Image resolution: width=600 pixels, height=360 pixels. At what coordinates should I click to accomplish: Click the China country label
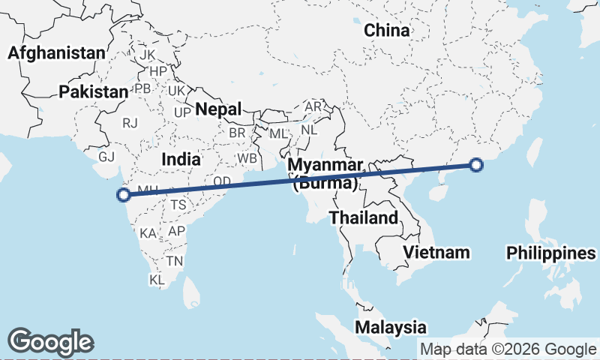point(387,31)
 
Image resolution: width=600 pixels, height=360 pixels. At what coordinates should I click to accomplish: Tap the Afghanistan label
point(55,53)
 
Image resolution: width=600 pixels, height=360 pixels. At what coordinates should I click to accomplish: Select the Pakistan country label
point(94,91)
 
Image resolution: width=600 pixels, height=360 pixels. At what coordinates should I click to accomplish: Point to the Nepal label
point(218,109)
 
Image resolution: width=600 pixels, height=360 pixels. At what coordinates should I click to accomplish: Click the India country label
point(181,159)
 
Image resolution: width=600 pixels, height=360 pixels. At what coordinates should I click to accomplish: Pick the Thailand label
point(363,218)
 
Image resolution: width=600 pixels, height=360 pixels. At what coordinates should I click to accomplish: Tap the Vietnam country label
point(436,252)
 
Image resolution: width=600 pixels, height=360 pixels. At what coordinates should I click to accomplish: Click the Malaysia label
point(391,327)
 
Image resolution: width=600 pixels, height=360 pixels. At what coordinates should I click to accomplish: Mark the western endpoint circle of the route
point(124,196)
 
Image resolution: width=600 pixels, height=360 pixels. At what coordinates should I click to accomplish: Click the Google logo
point(50,342)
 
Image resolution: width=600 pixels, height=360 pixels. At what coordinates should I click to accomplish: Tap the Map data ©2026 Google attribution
point(508,349)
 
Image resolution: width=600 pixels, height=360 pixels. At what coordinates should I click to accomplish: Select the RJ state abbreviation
point(131,123)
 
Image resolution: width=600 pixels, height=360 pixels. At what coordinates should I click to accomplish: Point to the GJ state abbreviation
point(107,157)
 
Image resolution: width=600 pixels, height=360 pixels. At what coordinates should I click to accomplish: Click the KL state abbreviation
point(157,280)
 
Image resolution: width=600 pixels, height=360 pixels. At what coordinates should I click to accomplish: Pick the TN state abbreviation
point(175,261)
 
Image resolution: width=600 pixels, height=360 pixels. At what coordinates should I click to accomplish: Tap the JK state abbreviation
point(147,55)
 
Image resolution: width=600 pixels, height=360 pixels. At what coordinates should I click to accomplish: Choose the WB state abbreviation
point(247,159)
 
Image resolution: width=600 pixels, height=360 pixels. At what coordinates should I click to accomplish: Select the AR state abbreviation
point(313,107)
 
